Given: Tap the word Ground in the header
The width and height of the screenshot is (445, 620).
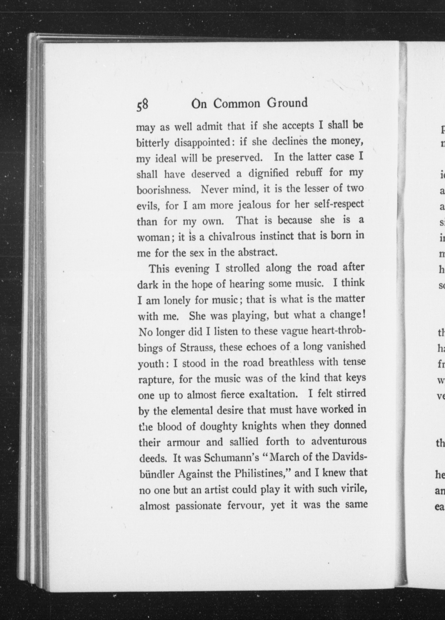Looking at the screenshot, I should pos(287,103).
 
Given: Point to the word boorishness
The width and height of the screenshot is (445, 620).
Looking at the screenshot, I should pos(163,190).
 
